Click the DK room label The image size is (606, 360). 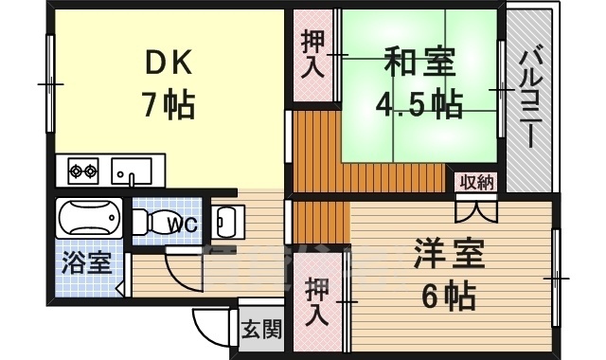[x=169, y=63]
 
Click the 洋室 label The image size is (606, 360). [x=449, y=255]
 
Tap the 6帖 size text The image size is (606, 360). [x=449, y=297]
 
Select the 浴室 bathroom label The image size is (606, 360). [x=87, y=262]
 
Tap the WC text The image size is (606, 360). [x=182, y=225]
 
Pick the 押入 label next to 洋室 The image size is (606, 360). [x=317, y=300]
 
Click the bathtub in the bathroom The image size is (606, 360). [x=91, y=221]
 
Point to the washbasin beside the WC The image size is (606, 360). [x=226, y=222]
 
